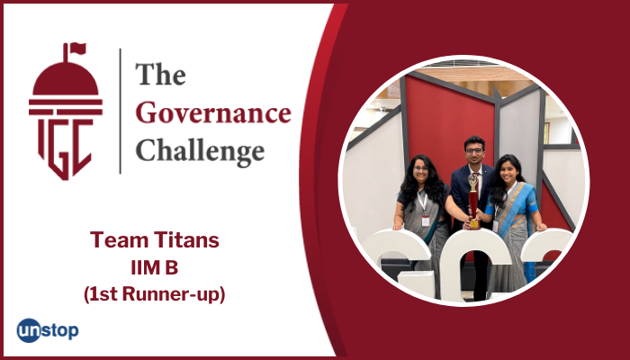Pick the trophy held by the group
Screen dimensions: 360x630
click(x=473, y=199)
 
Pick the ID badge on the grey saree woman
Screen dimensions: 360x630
click(x=426, y=219)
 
